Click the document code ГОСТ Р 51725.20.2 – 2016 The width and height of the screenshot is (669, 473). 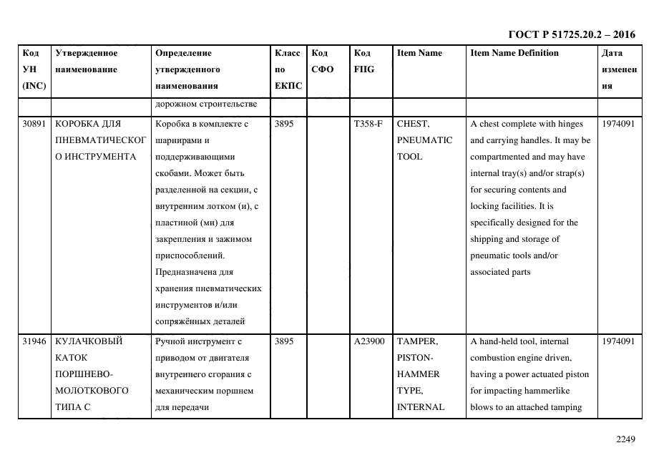(571, 34)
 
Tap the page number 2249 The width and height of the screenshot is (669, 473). (625, 439)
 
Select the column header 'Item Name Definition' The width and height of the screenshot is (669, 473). (514, 53)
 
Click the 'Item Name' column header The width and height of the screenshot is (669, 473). (419, 53)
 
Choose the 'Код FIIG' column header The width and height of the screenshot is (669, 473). (363, 62)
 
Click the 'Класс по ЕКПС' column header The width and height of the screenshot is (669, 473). (288, 69)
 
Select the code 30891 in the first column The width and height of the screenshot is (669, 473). (34, 124)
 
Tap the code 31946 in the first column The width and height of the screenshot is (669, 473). (34, 341)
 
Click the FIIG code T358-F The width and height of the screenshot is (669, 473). (368, 124)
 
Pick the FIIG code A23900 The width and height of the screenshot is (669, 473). (369, 341)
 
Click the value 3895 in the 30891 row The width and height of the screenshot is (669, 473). (284, 124)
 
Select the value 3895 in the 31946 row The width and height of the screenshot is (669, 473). (284, 341)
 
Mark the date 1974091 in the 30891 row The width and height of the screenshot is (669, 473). (618, 124)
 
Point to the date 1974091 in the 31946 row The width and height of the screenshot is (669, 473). (618, 341)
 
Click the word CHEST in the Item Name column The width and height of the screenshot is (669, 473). (413, 124)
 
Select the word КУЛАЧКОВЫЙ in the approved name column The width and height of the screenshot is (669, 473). (89, 341)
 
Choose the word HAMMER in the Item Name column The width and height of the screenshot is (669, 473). (418, 374)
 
